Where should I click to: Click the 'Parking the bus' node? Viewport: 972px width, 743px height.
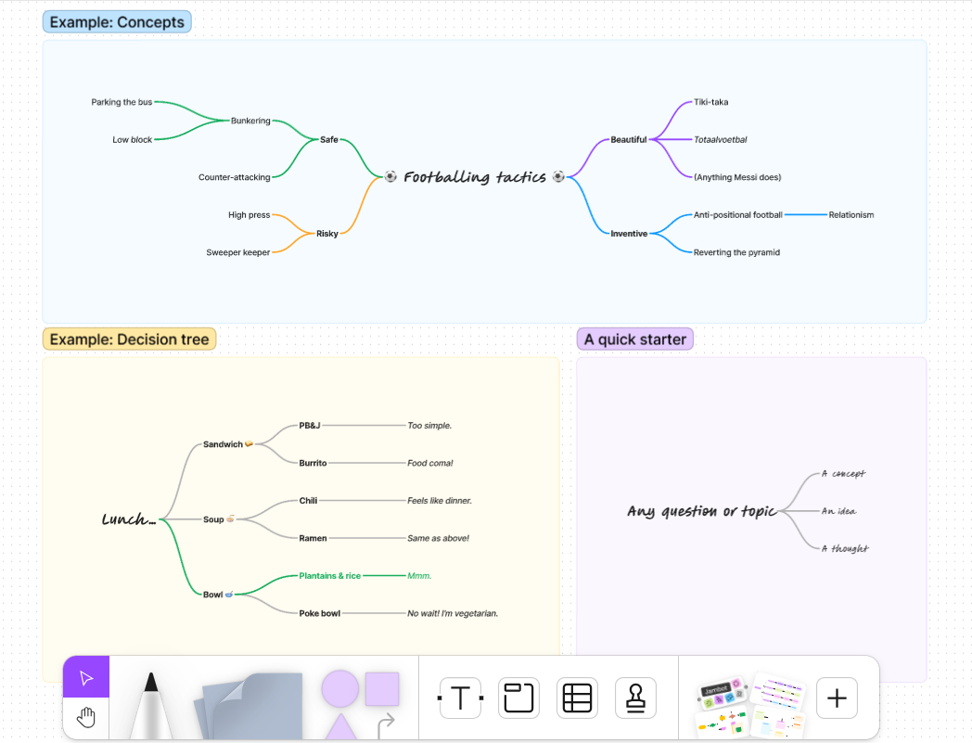[x=121, y=102]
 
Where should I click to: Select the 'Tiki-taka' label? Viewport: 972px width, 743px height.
[x=711, y=102]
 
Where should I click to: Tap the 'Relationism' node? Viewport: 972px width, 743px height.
[x=851, y=215]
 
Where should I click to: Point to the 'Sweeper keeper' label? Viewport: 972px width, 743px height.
[x=238, y=252]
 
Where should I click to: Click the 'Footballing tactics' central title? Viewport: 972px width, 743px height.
[x=474, y=177]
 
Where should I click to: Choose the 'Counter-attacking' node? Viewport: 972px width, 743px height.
[x=235, y=177]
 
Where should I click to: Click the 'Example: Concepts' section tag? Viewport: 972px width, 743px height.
[x=117, y=22]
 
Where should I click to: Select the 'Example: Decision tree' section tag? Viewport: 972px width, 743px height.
[x=129, y=339]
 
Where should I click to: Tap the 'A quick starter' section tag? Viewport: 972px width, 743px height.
[x=635, y=339]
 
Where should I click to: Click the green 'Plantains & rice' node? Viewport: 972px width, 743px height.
[x=329, y=576]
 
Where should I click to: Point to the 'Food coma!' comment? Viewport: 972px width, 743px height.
[x=430, y=463]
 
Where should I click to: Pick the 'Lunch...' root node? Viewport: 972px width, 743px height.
[x=129, y=519]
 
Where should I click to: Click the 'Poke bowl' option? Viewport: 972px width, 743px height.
[x=319, y=613]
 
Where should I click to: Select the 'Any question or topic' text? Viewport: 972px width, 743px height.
[x=701, y=511]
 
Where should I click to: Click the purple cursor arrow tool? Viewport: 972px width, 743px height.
[x=86, y=678]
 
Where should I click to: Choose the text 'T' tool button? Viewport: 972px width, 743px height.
[x=460, y=698]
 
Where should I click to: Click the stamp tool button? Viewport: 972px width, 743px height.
[x=635, y=698]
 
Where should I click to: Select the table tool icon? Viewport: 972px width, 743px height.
[x=577, y=698]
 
